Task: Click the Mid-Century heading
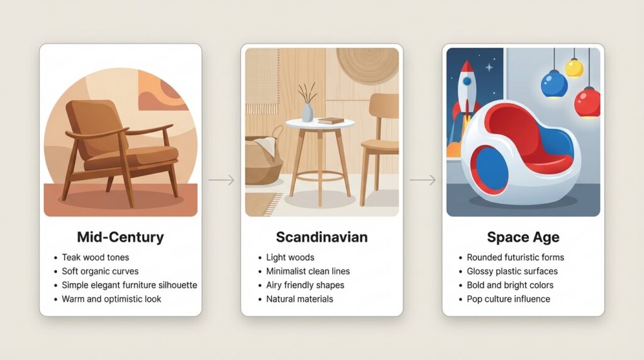[x=120, y=237]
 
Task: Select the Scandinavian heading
[x=321, y=237]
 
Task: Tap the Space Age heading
[x=523, y=237]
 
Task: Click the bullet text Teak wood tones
[x=95, y=257]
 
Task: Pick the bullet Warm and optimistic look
[x=111, y=299]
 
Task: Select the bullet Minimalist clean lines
[x=308, y=271]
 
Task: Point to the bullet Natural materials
[x=299, y=299]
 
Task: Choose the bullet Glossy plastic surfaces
[x=512, y=271]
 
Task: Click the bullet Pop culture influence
[x=508, y=299]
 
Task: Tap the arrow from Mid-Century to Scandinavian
[x=221, y=181]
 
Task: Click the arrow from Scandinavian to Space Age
[x=422, y=181]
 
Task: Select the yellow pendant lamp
[x=574, y=68]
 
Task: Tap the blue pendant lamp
[x=554, y=84]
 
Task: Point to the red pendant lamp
[x=587, y=102]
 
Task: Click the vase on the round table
[x=308, y=111]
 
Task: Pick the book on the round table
[x=331, y=120]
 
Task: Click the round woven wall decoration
[x=368, y=64]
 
